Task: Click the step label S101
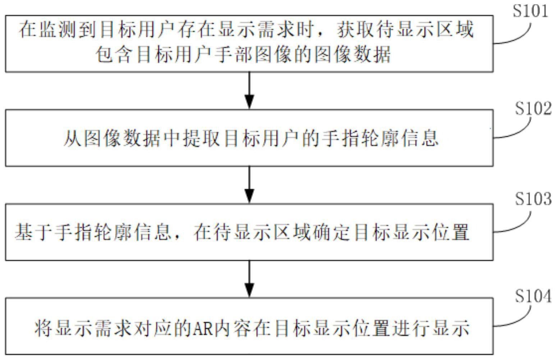[x=530, y=11]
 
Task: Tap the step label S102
[x=533, y=109]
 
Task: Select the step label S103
[x=533, y=199]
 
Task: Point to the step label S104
[x=533, y=296]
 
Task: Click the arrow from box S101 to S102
[x=249, y=90]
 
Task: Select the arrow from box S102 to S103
[x=249, y=184]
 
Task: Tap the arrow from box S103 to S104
[x=249, y=279]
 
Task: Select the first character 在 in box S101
[x=28, y=29]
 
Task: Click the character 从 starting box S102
[x=72, y=138]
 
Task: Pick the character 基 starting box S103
[x=24, y=232]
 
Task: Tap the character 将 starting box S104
[x=43, y=328]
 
